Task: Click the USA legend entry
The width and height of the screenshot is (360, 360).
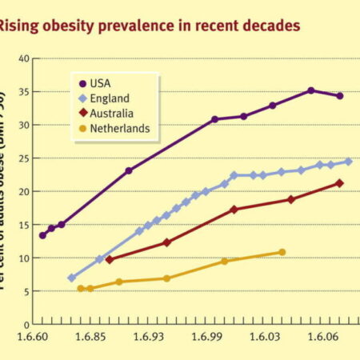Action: point(102,82)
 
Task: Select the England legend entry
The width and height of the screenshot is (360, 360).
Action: point(108,98)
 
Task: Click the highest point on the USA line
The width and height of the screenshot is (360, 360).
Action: point(311,90)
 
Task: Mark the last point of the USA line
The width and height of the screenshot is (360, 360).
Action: point(340,96)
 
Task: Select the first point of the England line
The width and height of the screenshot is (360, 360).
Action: point(72,278)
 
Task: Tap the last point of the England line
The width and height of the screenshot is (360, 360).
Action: point(348,162)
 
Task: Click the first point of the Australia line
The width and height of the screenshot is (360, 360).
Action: point(109,259)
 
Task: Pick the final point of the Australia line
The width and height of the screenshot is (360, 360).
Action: point(340,183)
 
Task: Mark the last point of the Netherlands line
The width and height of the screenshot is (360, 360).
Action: point(282,252)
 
